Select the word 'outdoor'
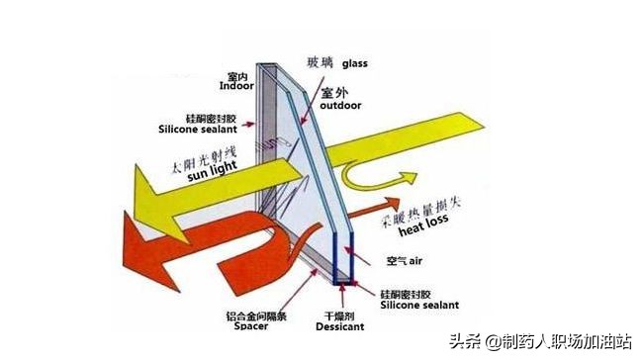point(341,105)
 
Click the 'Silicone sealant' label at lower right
point(414,308)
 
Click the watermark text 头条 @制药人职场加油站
point(540,341)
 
